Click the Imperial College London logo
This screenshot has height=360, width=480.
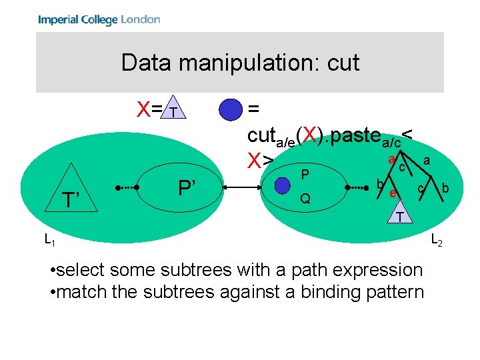point(99,19)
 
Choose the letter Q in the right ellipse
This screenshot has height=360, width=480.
point(305,199)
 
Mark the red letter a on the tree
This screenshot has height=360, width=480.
point(392,159)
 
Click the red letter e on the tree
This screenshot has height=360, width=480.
point(393,193)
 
